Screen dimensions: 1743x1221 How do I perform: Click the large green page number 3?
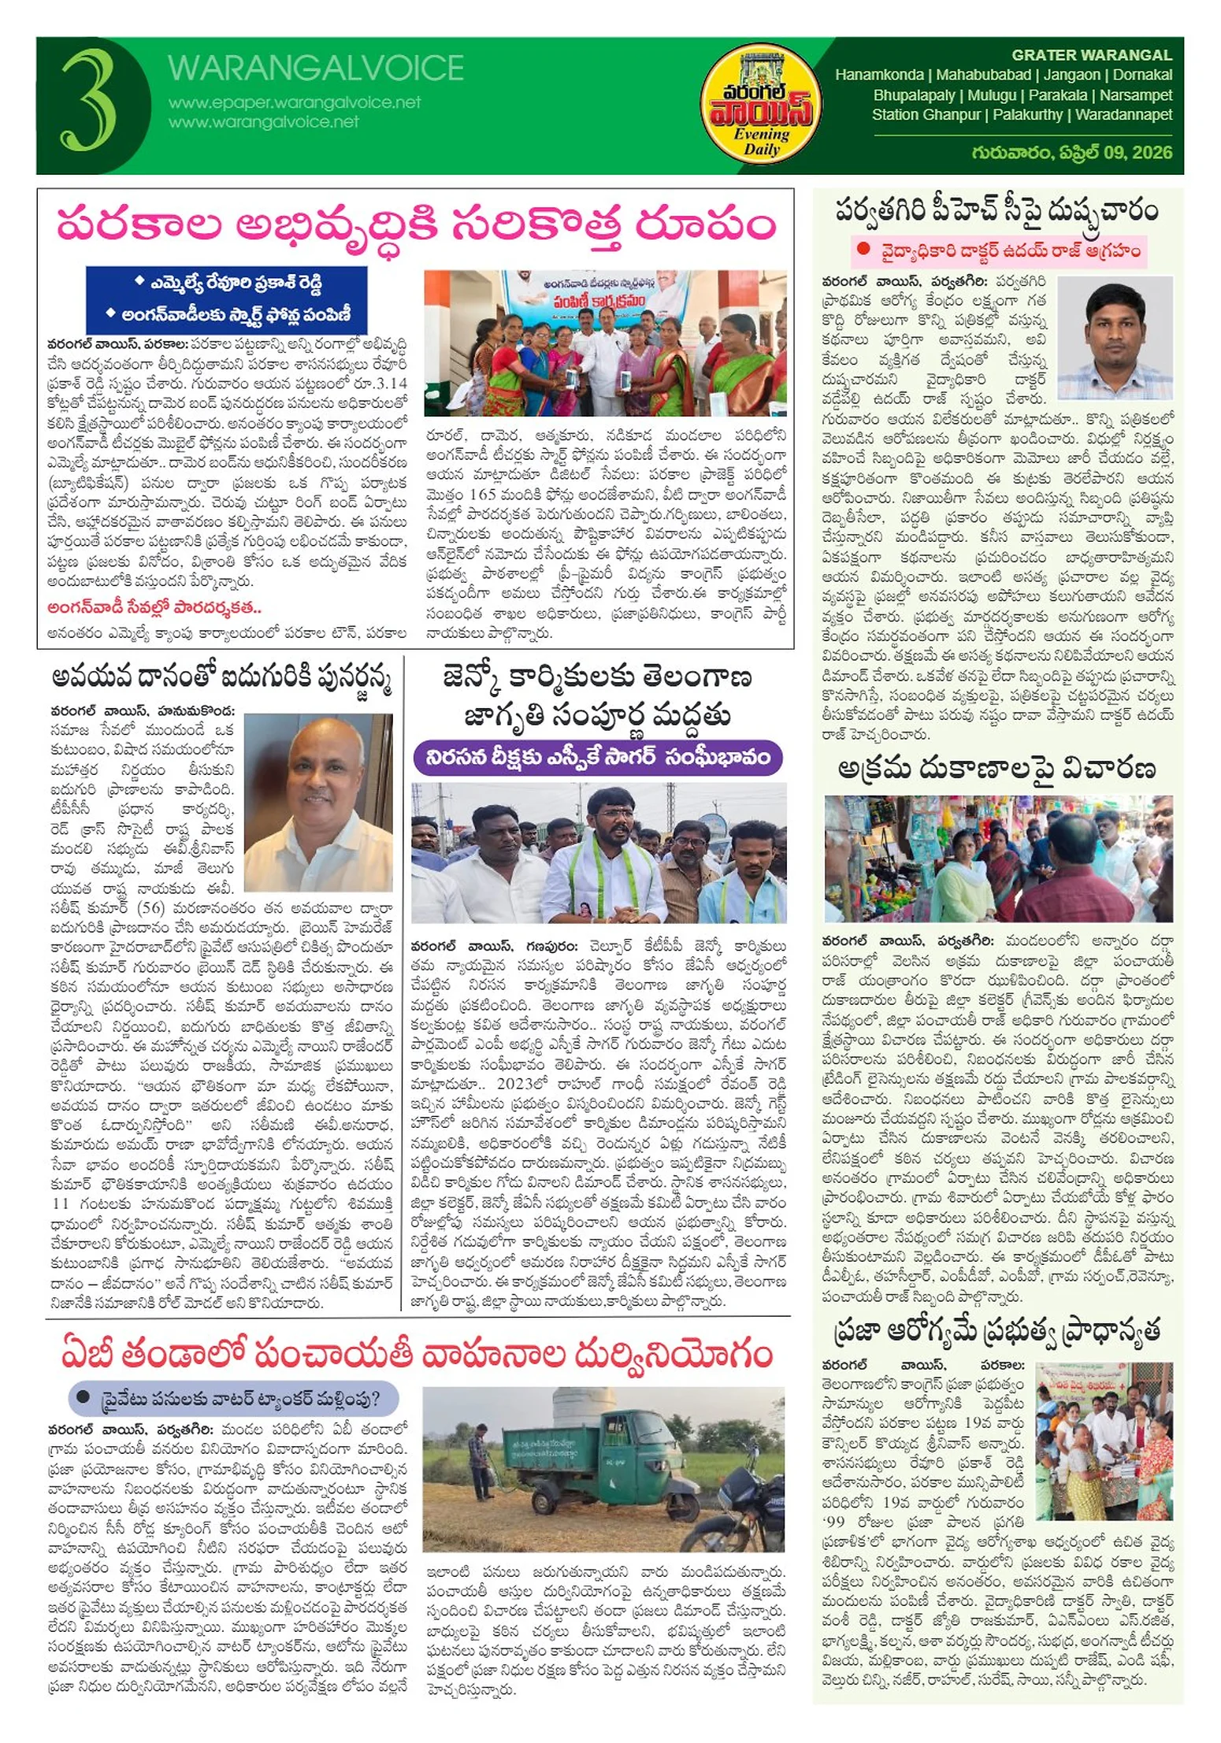[88, 101]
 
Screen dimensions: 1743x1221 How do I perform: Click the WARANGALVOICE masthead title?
[315, 69]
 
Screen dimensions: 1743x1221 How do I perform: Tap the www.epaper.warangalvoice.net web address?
[294, 102]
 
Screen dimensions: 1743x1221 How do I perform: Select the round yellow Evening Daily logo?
[760, 105]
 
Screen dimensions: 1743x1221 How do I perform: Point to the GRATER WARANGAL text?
[1091, 55]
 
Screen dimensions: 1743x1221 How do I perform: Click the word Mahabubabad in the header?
[983, 76]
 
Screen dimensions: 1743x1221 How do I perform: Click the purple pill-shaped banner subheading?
[597, 758]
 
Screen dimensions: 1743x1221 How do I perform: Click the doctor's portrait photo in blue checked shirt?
[1115, 337]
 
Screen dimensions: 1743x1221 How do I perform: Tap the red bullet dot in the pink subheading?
[864, 249]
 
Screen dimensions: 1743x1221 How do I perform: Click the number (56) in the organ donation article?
[150, 907]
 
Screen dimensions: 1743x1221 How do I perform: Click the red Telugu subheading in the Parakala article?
[154, 607]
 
